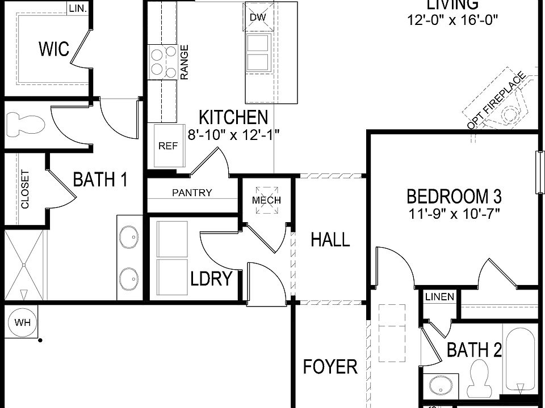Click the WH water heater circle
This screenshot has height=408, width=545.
(x=23, y=323)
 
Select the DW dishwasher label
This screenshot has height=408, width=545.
(x=258, y=17)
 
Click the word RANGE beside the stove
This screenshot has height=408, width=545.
(x=185, y=62)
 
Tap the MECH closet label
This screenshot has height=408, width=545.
(x=266, y=201)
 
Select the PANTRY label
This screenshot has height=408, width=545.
(x=192, y=193)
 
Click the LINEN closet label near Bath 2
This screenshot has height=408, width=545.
(x=439, y=297)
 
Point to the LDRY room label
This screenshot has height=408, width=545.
(x=211, y=278)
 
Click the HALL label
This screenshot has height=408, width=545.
(x=330, y=240)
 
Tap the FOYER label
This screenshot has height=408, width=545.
(x=330, y=367)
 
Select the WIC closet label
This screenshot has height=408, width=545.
(x=54, y=49)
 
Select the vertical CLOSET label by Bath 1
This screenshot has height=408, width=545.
(x=25, y=189)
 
